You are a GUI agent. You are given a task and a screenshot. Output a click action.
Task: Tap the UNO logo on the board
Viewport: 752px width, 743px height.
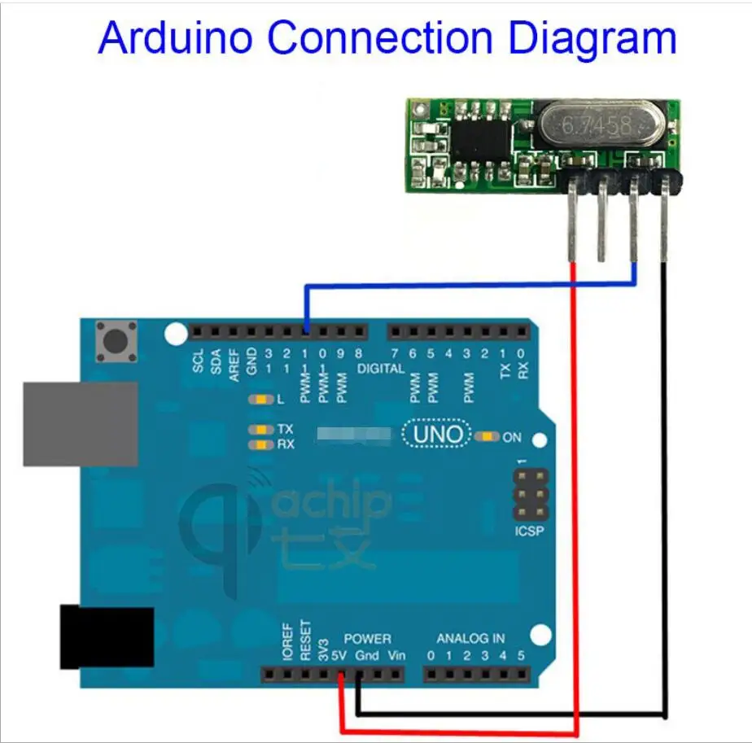438,435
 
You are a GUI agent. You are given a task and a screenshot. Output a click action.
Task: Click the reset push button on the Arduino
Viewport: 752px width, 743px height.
116,341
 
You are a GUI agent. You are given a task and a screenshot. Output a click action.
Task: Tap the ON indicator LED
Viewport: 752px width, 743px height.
488,437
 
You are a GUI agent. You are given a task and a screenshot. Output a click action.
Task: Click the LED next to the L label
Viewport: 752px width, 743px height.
261,400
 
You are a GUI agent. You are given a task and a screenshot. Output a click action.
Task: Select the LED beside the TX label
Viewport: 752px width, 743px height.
261,429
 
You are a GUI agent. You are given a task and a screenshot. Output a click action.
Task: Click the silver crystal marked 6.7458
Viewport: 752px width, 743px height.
598,124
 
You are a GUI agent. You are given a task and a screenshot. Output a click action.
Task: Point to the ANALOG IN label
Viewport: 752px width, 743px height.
470,639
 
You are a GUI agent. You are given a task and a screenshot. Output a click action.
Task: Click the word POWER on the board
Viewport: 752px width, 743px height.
367,639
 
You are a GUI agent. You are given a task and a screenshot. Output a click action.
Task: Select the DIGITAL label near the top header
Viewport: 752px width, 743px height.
381,369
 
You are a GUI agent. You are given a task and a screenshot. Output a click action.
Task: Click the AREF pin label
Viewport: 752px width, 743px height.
234,361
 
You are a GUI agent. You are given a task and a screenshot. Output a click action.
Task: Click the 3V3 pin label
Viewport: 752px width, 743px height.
323,650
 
